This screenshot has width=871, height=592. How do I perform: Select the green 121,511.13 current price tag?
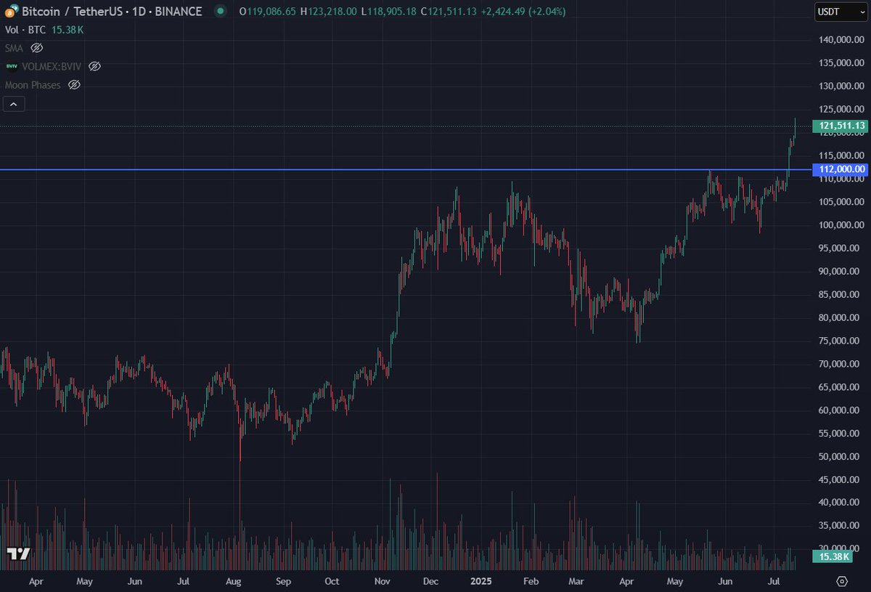(841, 126)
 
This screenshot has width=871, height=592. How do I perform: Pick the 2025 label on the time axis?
(481, 581)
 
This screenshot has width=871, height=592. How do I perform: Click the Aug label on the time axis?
(234, 581)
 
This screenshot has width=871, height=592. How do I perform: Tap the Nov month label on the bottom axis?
(382, 581)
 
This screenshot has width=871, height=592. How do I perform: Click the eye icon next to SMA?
(37, 48)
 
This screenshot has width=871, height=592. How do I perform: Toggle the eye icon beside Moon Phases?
(74, 85)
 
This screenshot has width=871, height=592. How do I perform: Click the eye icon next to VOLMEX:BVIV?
(94, 66)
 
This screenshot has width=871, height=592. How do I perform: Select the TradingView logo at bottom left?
(18, 554)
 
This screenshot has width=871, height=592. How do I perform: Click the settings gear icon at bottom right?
(842, 581)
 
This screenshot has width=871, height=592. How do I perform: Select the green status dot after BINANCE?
(220, 12)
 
